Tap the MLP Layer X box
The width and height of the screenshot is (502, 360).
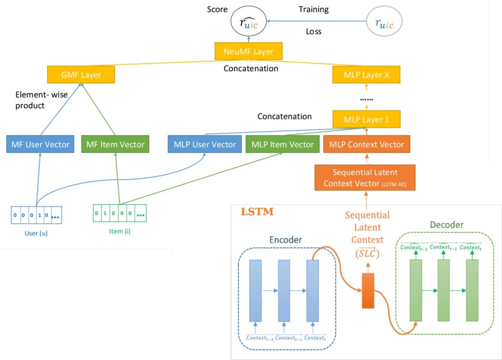pos(366,75)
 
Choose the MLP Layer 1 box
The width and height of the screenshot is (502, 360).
pos(366,120)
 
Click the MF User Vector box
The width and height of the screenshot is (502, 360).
pos(41,145)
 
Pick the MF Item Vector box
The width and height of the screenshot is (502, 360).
pos(115,145)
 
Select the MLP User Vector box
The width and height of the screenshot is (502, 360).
pos(205,145)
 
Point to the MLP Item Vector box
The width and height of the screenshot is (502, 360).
pos(283,145)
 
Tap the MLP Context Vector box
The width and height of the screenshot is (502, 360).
pos(366,145)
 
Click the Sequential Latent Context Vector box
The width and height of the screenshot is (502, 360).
pos(365,178)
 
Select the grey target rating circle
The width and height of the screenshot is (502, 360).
pos(384,24)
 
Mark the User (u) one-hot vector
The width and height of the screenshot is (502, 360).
pos(36,216)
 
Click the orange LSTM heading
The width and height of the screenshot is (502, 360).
pos(257,212)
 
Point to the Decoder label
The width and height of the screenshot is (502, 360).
pos(446,225)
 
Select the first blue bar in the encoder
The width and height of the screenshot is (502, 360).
pos(255,290)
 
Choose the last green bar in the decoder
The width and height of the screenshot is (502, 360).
pos(472,290)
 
